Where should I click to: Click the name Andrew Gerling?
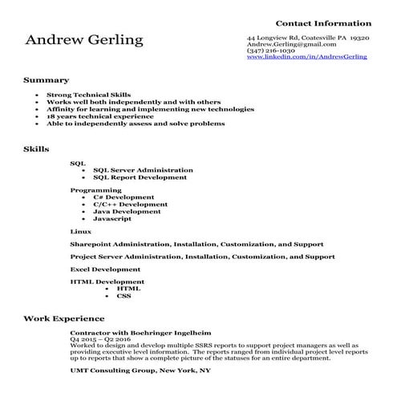85,41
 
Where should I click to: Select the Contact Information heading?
323,23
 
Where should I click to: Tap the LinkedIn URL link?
306,58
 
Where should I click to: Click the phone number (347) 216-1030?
272,51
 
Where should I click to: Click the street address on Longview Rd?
308,38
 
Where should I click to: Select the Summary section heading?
46,80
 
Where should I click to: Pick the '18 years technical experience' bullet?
100,116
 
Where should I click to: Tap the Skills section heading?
37,148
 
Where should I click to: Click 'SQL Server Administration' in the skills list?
143,170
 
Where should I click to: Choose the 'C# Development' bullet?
124,197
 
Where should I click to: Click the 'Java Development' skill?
127,212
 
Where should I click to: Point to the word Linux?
80,231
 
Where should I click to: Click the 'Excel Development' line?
105,269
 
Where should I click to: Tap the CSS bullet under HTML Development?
124,296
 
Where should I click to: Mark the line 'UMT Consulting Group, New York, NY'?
140,371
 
